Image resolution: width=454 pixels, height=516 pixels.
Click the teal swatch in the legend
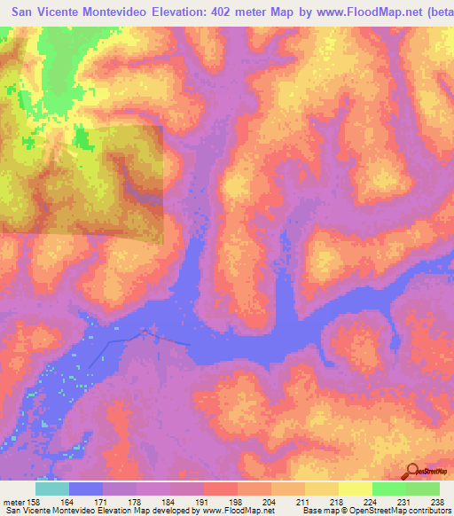(52, 489)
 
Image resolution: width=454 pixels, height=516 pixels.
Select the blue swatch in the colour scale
(86, 489)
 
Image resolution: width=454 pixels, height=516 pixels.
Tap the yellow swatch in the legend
(355, 489)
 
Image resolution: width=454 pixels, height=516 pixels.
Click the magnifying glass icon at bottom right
(411, 470)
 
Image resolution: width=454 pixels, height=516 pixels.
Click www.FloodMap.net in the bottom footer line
(236, 511)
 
